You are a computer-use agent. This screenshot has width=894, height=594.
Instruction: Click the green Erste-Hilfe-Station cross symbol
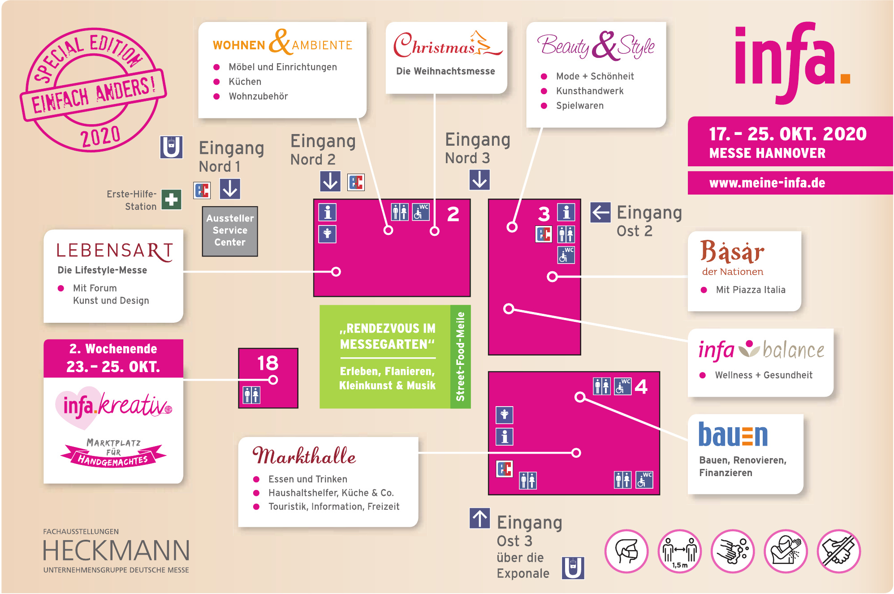point(171,199)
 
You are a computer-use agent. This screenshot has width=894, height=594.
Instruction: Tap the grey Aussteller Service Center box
point(230,230)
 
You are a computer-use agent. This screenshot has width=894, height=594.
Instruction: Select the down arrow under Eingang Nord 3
point(479,180)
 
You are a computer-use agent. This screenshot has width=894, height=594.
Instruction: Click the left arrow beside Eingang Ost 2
point(600,212)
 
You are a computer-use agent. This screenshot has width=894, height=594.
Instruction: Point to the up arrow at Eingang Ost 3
point(479,518)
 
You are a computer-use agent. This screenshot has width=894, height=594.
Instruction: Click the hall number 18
point(268,363)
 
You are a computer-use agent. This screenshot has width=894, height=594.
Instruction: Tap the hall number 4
point(641,386)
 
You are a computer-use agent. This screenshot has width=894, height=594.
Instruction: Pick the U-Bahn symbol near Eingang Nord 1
point(171,147)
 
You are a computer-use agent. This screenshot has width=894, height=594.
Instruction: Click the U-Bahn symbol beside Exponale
point(573,568)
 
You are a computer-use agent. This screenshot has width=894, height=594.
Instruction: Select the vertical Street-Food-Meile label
point(461,356)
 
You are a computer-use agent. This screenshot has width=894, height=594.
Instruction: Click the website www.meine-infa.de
point(767,183)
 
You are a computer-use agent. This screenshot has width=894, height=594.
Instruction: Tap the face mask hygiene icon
point(626,551)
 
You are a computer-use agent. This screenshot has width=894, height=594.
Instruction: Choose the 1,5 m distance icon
point(679,551)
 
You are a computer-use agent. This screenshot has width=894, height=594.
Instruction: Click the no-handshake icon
point(838,551)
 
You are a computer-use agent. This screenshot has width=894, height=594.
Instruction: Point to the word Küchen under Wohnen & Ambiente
point(245,82)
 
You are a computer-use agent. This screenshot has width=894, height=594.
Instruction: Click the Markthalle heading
point(304,455)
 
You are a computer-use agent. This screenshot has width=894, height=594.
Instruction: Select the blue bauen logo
point(733,435)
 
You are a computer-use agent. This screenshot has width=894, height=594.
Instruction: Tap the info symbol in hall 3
point(566,212)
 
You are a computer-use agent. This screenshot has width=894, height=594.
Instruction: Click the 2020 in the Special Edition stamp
point(100,136)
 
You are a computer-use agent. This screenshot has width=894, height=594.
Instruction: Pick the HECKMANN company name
point(116,551)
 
